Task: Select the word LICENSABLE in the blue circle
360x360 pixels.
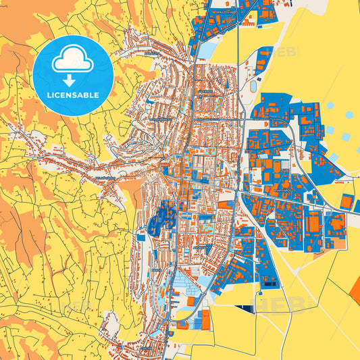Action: (x=73, y=95)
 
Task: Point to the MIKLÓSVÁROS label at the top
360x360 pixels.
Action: (x=225, y=11)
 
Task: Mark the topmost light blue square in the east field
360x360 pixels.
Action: (x=330, y=106)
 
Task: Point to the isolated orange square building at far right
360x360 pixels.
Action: (x=346, y=201)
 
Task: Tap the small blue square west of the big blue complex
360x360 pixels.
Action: (x=140, y=236)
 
